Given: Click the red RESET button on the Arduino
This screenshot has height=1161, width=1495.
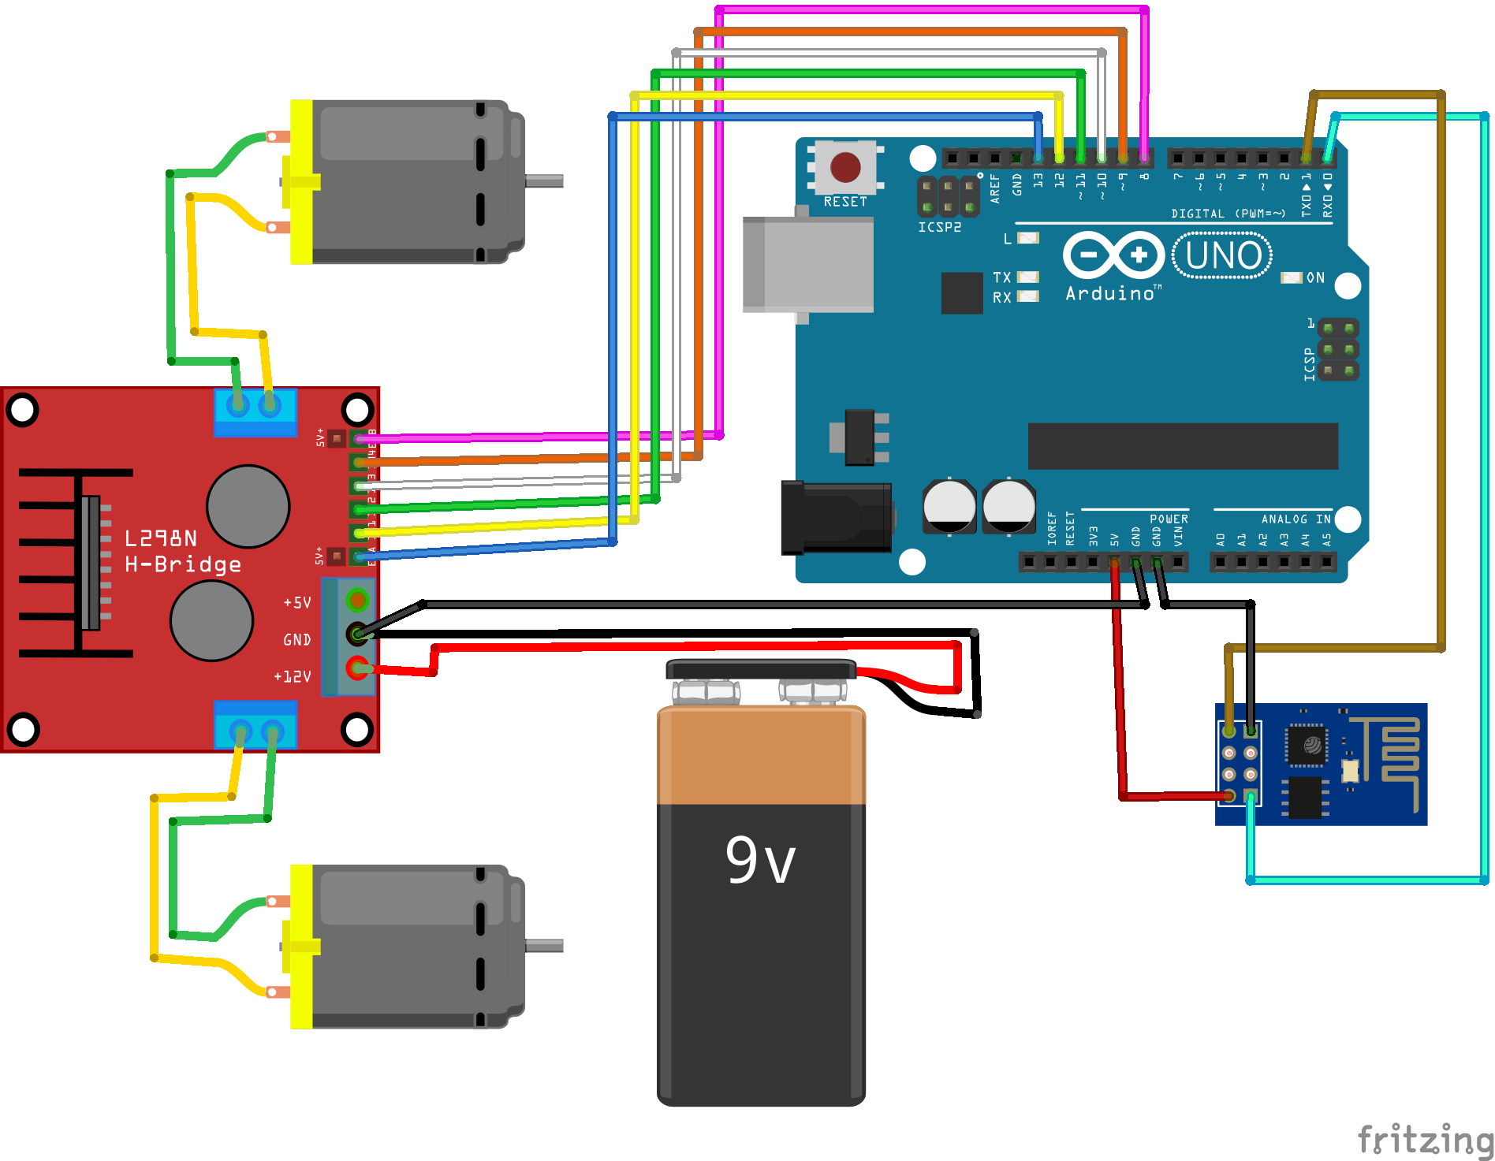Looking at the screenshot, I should tap(845, 167).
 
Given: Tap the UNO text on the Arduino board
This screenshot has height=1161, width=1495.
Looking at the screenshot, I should tap(1223, 255).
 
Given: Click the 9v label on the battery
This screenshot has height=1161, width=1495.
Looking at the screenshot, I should tap(760, 860).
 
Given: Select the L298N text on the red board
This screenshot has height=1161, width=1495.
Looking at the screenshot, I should tap(161, 538).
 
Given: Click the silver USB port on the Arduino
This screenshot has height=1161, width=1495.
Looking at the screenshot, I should tap(807, 265).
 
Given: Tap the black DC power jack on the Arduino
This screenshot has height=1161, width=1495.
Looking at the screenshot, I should tap(836, 518).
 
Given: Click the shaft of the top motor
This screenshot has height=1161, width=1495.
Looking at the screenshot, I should tap(544, 180).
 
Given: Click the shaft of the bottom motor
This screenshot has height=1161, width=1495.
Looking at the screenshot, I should tap(544, 945).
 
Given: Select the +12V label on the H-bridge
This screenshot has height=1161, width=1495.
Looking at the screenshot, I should tap(293, 676).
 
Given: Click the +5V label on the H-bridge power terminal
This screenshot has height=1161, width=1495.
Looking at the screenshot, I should tap(297, 603).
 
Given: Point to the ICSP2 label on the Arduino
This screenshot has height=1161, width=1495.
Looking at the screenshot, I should tap(939, 227).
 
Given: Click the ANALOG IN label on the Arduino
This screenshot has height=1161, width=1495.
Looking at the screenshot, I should tap(1296, 519).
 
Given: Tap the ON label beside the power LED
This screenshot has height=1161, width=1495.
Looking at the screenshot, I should tap(1315, 277).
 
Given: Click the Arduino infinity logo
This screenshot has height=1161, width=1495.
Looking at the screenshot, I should tap(1113, 255).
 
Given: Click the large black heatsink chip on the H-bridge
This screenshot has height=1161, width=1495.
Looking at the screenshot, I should tap(91, 563).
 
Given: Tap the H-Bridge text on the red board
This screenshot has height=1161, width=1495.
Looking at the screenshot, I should tap(183, 564).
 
